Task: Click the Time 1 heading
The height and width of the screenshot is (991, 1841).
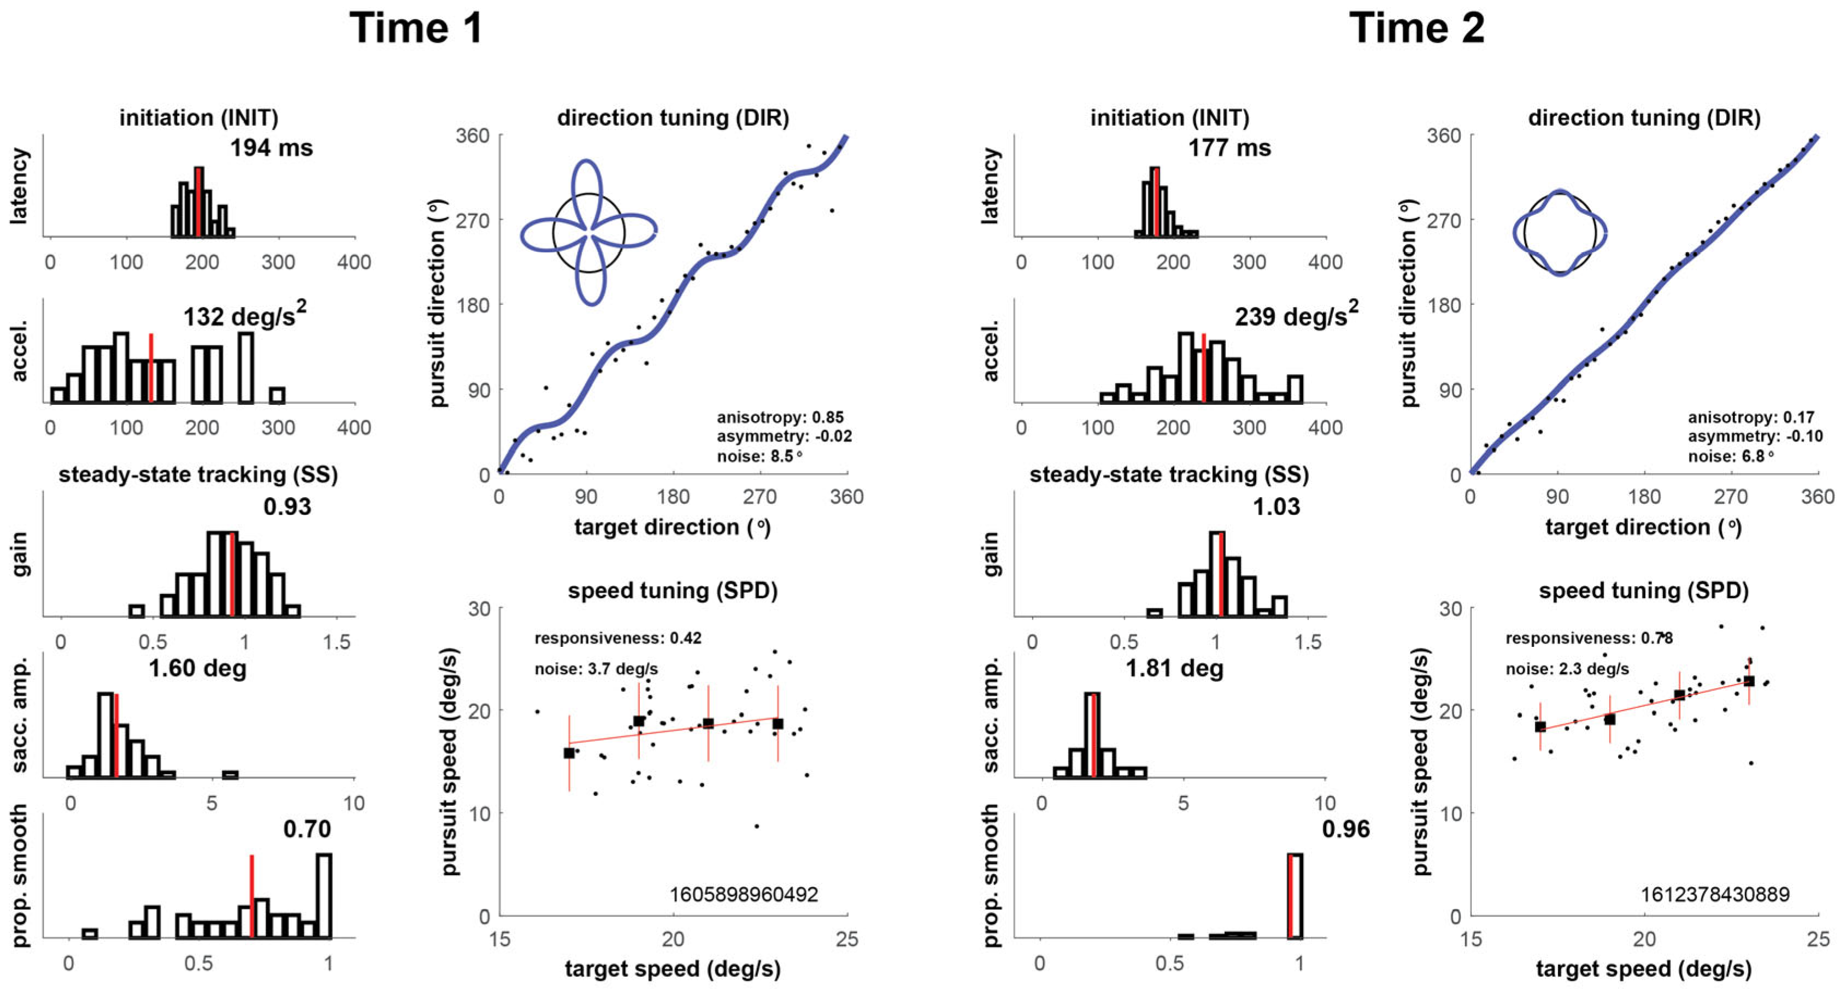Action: (416, 28)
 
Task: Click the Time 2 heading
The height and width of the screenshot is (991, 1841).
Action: (1416, 28)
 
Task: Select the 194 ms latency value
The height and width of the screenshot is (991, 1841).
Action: (271, 148)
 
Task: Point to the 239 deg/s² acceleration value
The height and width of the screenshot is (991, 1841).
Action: (1296, 314)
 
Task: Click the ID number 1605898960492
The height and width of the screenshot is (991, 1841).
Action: (743, 894)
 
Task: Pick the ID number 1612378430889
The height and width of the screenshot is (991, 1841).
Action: (1715, 894)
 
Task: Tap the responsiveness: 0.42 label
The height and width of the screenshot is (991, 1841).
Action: (617, 638)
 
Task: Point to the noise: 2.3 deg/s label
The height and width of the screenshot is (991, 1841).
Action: (1567, 669)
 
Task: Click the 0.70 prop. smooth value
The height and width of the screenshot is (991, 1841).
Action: (307, 829)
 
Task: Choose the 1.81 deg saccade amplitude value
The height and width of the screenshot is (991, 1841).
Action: (1174, 668)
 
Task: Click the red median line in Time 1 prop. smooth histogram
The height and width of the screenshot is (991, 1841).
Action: (251, 896)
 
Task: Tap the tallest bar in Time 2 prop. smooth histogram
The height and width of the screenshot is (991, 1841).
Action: (1295, 896)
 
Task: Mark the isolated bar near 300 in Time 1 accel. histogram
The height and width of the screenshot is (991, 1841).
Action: (277, 395)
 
